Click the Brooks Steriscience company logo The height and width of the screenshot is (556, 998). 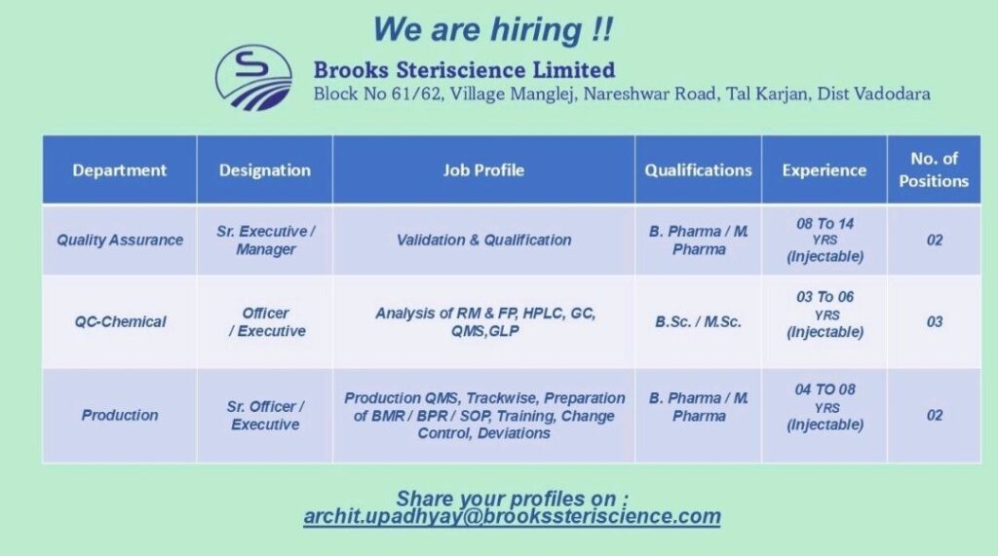click(252, 78)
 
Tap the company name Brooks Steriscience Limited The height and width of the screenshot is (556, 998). click(464, 70)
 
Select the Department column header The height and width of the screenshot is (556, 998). click(119, 170)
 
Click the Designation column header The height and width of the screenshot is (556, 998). click(264, 170)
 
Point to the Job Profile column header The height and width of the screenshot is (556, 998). click(483, 170)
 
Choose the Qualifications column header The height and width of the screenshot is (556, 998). click(698, 170)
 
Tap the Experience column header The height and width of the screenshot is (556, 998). click(824, 170)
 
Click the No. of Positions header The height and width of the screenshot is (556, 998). click(934, 170)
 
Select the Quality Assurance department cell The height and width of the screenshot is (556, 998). click(119, 240)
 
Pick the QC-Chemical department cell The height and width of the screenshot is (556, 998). click(119, 321)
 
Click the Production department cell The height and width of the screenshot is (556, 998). click(119, 415)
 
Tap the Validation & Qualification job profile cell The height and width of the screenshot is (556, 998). click(483, 240)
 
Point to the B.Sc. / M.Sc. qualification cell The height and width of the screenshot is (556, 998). click(698, 321)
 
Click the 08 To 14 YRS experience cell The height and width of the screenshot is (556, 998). click(825, 240)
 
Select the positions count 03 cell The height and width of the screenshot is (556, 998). click(934, 321)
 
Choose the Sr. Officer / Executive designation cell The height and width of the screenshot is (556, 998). click(264, 415)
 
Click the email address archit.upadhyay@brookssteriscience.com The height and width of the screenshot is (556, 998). click(512, 517)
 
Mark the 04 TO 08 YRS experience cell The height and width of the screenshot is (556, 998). click(825, 407)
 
